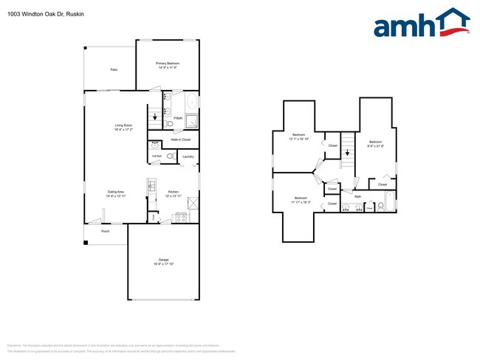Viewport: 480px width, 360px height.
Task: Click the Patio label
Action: pyautogui.click(x=114, y=69)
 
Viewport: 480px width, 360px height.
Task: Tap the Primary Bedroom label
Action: pyautogui.click(x=168, y=64)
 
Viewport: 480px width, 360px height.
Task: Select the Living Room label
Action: pyautogui.click(x=123, y=126)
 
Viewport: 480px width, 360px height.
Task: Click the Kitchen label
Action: pyautogui.click(x=173, y=193)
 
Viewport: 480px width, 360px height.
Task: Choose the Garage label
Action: pyautogui.click(x=163, y=260)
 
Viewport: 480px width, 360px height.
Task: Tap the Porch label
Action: pyautogui.click(x=106, y=231)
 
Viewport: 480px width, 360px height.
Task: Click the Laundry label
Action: pyautogui.click(x=188, y=156)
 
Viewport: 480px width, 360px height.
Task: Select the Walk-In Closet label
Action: pyautogui.click(x=181, y=139)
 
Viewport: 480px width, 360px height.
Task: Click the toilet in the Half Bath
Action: pyautogui.click(x=169, y=156)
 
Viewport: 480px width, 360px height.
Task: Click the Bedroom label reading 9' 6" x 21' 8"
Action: pyautogui.click(x=375, y=143)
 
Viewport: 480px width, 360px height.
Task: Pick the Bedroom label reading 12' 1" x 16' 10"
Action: pyautogui.click(x=299, y=136)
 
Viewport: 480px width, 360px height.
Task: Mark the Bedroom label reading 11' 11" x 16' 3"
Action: pyautogui.click(x=301, y=200)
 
